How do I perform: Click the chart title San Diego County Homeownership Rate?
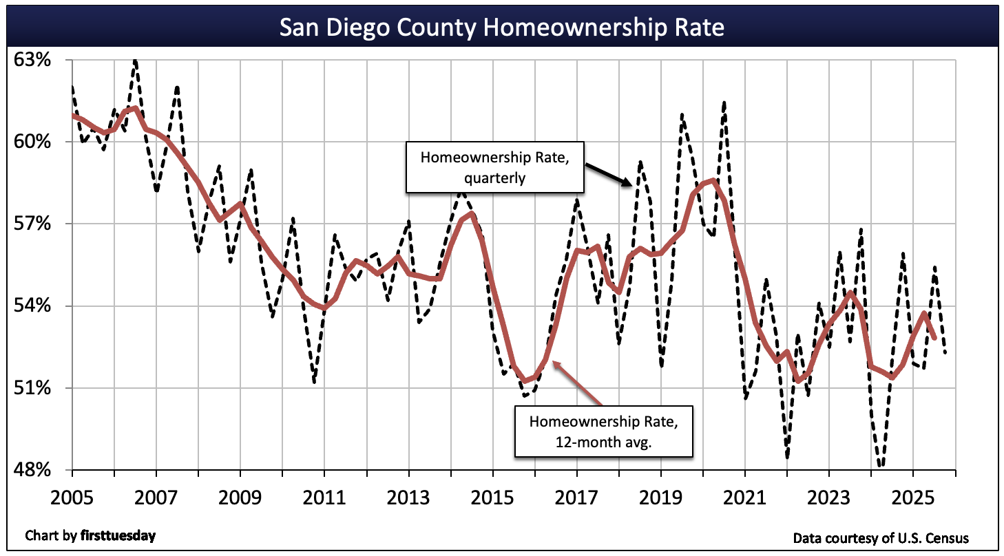point(501,28)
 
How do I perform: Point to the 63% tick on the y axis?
point(33,60)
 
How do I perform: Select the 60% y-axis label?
point(33,142)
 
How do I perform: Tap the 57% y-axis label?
point(33,224)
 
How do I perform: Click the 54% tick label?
point(33,306)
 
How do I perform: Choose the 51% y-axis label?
point(33,388)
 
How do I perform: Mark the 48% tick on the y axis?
point(33,470)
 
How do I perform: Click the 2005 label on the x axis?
point(72,498)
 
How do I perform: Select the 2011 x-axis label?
point(324,498)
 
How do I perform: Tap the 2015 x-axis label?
point(492,498)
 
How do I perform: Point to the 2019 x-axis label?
point(661,498)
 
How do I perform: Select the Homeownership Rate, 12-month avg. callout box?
point(603,431)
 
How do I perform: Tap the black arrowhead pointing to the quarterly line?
point(627,183)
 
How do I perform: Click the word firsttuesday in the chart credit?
point(117,535)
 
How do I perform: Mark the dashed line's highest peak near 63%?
point(135,61)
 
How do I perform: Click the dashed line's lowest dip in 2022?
point(787,457)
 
